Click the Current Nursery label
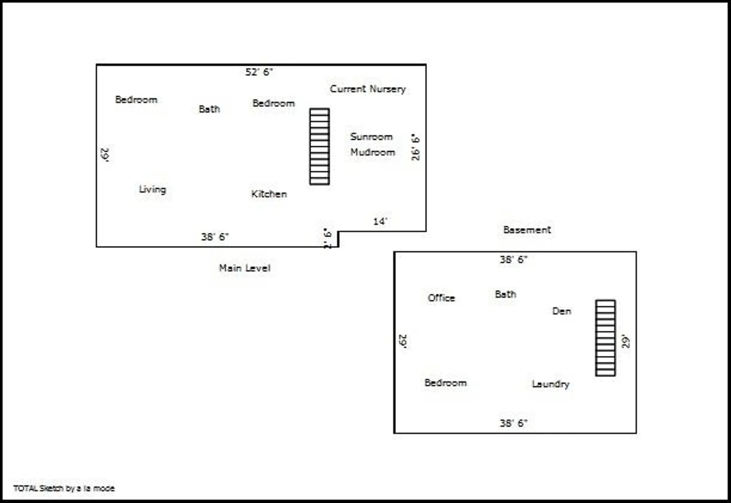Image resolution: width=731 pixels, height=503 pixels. (368, 89)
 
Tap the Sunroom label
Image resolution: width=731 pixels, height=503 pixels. (372, 137)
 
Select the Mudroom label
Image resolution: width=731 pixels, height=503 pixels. (372, 152)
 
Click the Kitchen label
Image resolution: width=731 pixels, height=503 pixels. (269, 194)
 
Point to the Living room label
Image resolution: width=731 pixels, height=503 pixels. (152, 189)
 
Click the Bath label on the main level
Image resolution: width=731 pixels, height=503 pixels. (209, 109)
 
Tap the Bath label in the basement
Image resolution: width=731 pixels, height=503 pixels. (506, 294)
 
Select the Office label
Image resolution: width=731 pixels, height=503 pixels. (441, 298)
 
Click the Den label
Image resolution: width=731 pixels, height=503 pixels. (562, 311)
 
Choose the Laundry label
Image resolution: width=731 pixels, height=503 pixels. (550, 384)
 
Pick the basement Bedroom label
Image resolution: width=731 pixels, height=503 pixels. (446, 382)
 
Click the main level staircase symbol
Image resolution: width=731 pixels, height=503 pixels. (319, 147)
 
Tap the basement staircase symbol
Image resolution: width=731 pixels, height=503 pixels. (605, 338)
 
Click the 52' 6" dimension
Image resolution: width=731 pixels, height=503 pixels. (259, 72)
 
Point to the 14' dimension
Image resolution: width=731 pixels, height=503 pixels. (380, 221)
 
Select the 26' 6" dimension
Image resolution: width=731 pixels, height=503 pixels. (415, 147)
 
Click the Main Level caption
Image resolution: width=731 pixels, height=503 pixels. (244, 268)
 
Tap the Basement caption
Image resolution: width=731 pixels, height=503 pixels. (527, 230)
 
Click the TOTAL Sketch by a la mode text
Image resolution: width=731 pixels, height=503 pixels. (64, 488)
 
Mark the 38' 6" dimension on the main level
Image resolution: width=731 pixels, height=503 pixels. (215, 237)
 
